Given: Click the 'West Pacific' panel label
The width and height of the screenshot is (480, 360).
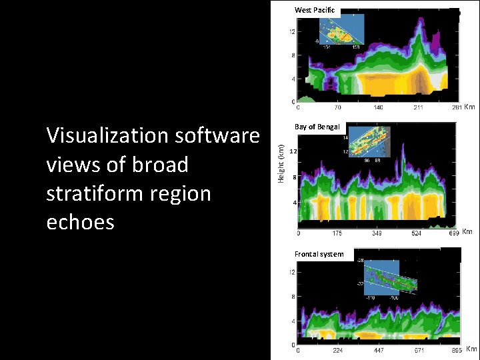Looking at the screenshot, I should click(317, 10).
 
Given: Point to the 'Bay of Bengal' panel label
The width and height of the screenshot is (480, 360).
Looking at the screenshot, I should click(317, 127).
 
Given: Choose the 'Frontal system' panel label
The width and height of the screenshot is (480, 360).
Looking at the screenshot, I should click(319, 254).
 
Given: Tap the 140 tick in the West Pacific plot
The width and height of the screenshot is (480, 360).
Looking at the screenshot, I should click(378, 107).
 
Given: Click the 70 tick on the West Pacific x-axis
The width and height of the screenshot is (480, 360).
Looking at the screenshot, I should click(338, 107).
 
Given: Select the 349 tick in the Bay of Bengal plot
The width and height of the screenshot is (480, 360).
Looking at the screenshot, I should click(377, 233).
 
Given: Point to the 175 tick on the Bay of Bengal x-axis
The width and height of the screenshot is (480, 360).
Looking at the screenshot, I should click(337, 233).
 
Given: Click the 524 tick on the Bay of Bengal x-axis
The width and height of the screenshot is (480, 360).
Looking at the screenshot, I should click(416, 233).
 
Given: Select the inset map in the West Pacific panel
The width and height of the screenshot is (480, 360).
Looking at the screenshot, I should click(340, 31).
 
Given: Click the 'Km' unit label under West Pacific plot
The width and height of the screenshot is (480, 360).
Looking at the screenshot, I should click(469, 107).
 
